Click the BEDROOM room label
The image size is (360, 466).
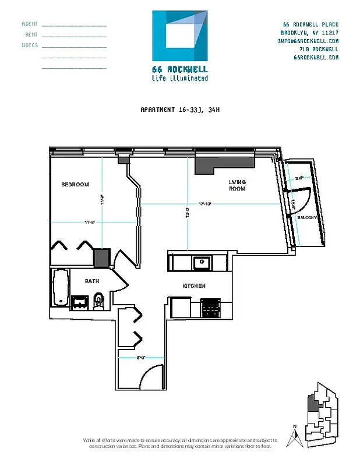pyautogui.click(x=75, y=185)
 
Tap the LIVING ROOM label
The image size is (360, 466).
pyautogui.click(x=237, y=185)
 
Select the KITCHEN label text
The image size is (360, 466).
pyautogui.click(x=194, y=285)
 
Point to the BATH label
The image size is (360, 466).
pyautogui.click(x=92, y=281)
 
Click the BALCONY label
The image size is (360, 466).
pyautogui.click(x=307, y=217)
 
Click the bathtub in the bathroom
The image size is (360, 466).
pyautogui.click(x=60, y=287)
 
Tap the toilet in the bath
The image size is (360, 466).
pyautogui.click(x=98, y=300)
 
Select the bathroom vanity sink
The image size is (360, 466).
pyautogui.click(x=80, y=302)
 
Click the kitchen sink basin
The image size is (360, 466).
pyautogui.click(x=202, y=262)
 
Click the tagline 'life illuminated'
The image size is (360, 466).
pyautogui.click(x=179, y=78)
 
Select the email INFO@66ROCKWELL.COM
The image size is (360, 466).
pyautogui.click(x=308, y=41)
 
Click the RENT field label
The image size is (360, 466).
pyautogui.click(x=31, y=34)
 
